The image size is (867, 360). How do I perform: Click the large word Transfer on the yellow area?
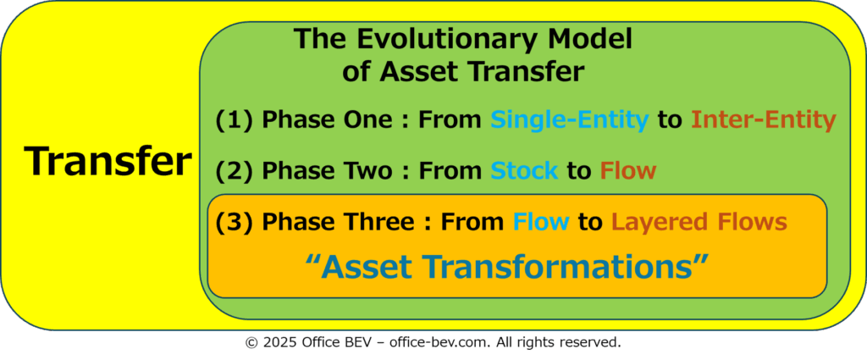tap(108, 162)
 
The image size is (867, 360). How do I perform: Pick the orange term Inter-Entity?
tap(763, 121)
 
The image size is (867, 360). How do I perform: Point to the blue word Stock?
tap(524, 171)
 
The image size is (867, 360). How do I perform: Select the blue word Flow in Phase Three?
tap(541, 222)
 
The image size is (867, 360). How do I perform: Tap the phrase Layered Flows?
tap(699, 222)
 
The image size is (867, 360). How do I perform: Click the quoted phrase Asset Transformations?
tap(506, 267)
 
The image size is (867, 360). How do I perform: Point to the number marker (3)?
tap(234, 222)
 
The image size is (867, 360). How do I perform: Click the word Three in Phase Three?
tap(384, 222)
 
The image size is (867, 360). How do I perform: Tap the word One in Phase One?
tap(373, 121)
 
